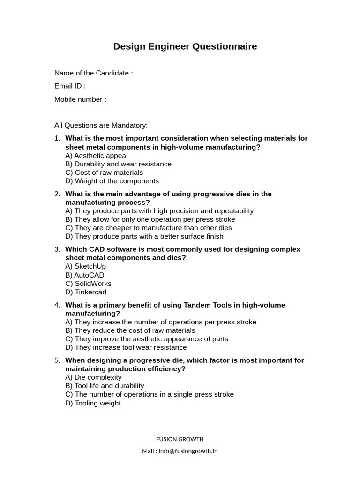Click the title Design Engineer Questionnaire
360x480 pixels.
point(185,46)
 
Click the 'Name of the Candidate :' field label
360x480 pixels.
point(93,73)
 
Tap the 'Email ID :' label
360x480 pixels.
point(70,86)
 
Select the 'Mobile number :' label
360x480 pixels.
point(80,99)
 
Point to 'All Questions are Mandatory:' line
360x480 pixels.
point(101,125)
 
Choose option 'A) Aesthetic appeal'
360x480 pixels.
point(97,156)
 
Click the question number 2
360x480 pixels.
point(57,194)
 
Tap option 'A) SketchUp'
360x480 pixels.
point(86,266)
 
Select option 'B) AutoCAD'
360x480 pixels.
point(85,275)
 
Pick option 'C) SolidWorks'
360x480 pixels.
point(88,284)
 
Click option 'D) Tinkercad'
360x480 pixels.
point(86,292)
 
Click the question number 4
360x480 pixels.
point(57,305)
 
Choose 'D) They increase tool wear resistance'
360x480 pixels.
point(126,347)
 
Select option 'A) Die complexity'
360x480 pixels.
point(93,377)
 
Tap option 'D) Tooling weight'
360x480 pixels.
point(93,403)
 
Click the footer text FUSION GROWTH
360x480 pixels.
point(180,439)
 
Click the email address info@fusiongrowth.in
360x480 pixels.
point(187,451)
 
